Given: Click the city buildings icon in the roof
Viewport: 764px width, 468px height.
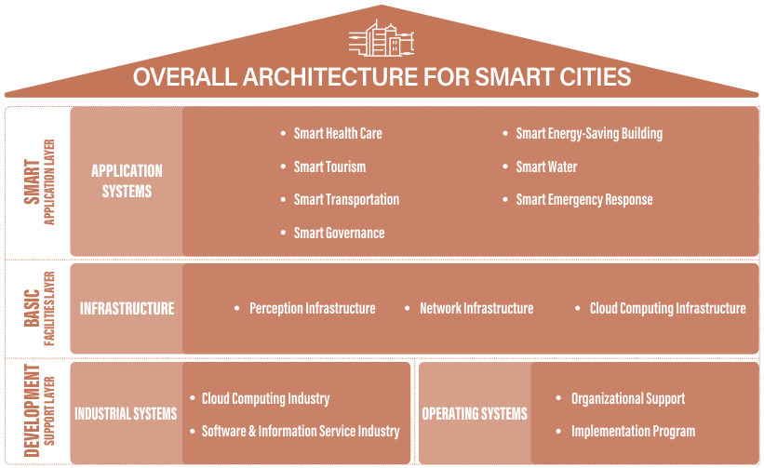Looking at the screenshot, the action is [x=382, y=38].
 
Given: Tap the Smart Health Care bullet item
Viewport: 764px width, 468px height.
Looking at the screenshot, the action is [x=338, y=133].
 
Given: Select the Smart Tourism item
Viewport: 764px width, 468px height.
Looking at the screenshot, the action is [x=329, y=167].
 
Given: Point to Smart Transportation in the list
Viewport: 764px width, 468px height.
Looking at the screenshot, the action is [x=346, y=200].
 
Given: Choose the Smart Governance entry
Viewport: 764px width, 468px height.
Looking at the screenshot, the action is [x=339, y=233].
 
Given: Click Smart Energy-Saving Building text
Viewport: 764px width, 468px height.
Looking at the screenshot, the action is [x=589, y=134].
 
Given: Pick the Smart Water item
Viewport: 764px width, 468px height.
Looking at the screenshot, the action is [x=546, y=167].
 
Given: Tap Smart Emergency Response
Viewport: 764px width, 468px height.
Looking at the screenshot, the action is [x=584, y=200].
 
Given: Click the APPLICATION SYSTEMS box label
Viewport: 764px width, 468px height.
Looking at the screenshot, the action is [x=127, y=181].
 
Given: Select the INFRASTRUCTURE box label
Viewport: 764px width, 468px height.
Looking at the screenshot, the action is [x=127, y=309].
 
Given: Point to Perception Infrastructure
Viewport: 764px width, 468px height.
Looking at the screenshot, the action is [x=313, y=309].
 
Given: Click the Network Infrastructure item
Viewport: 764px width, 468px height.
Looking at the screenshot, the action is [x=476, y=309].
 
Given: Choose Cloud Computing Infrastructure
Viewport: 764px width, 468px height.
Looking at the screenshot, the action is [x=667, y=309].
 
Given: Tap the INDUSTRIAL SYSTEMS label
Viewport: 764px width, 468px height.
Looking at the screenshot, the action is [x=126, y=414].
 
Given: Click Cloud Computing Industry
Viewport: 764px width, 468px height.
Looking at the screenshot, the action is [x=265, y=399].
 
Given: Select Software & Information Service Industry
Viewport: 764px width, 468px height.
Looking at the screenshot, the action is [x=301, y=432].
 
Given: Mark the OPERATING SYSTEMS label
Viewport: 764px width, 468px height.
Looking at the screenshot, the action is [x=475, y=414].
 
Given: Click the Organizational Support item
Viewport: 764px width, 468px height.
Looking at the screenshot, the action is [x=628, y=399].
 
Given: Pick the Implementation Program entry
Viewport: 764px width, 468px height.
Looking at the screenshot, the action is [x=633, y=432].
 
